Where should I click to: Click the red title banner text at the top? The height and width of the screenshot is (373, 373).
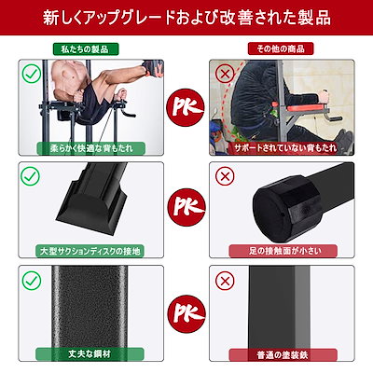pyautogui.click(x=186, y=18)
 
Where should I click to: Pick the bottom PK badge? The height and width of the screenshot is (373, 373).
pyautogui.click(x=186, y=307)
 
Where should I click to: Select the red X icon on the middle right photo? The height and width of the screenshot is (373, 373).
pyautogui.click(x=225, y=174)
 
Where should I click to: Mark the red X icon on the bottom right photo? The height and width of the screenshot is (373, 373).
pyautogui.click(x=225, y=278)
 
